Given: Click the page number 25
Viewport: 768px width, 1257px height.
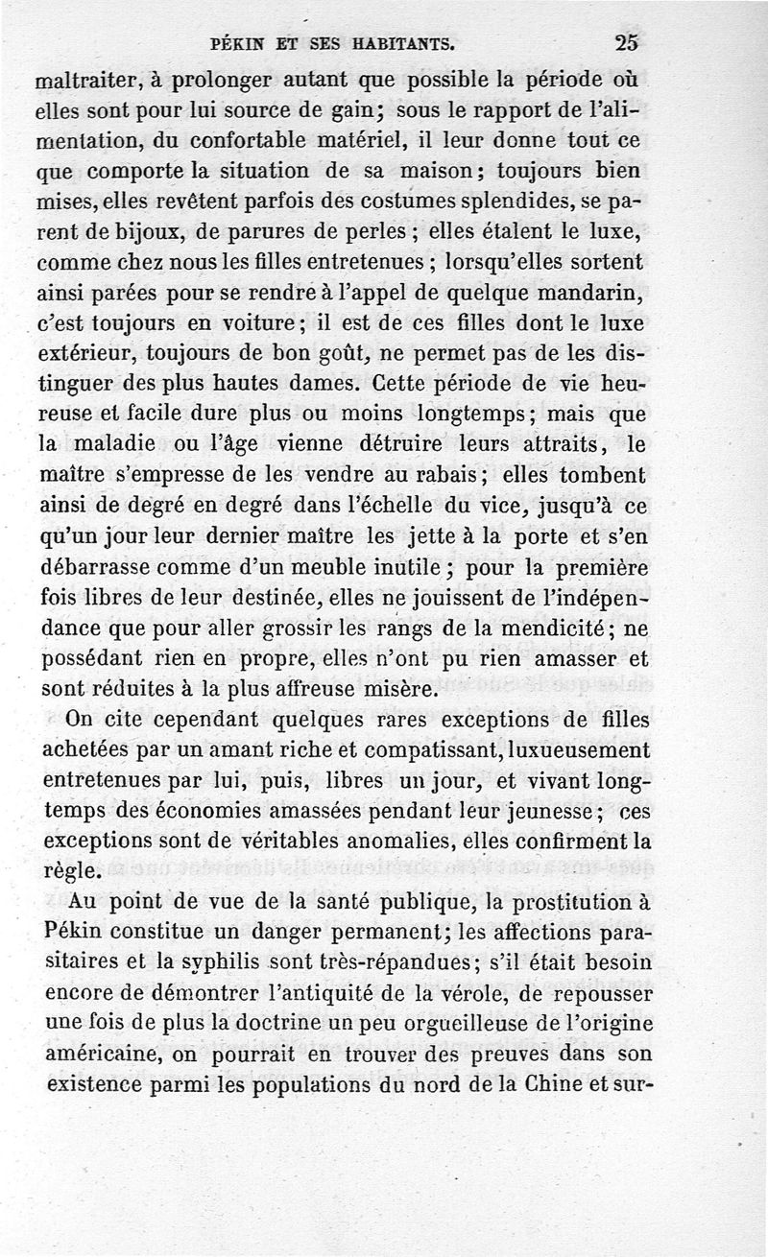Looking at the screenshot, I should (627, 42).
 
